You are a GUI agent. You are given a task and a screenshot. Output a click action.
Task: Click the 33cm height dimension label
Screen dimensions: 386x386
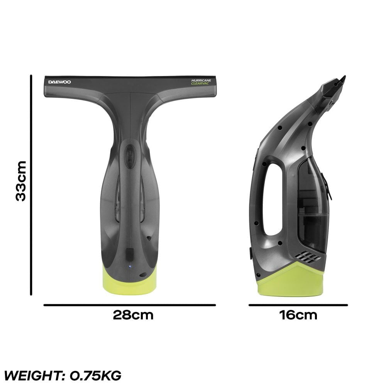coord(20,181)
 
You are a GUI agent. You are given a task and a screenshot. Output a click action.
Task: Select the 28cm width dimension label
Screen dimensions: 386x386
coord(133,315)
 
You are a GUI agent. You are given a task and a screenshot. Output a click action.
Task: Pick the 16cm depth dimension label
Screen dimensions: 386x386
coord(298,315)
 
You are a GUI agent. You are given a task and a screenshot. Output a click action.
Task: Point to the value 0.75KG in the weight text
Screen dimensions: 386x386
coord(95,375)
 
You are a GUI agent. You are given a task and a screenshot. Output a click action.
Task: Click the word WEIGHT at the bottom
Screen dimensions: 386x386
coord(33,375)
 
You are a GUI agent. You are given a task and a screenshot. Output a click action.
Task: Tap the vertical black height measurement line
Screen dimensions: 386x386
coord(30,185)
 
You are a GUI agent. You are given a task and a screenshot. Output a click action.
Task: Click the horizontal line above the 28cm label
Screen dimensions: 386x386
coord(129,305)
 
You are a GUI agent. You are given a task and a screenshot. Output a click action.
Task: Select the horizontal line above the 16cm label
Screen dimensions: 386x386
coord(298,305)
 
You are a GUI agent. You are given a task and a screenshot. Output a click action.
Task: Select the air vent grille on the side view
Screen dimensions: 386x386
coord(308,256)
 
